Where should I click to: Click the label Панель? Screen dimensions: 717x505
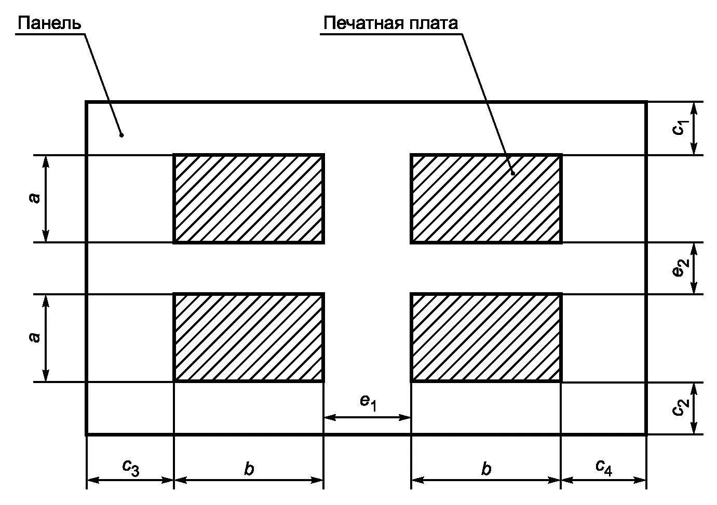coord(49,23)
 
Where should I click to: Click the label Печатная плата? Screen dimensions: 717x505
coord(390,23)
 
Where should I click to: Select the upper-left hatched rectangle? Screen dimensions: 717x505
coord(249,199)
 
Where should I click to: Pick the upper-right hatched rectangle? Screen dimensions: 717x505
coord(486,199)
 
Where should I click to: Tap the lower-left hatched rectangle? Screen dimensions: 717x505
coord(249,338)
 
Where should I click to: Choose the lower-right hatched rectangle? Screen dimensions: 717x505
coord(486,338)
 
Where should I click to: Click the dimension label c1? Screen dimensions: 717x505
coord(680,128)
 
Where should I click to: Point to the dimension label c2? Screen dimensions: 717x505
coord(680,409)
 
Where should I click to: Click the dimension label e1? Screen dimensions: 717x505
coord(367,402)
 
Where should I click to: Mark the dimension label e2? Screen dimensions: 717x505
coord(680,268)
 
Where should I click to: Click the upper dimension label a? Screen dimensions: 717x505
coord(34,198)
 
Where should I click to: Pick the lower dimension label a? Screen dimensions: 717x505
coord(34,338)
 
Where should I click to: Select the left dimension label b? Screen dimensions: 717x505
coord(249,469)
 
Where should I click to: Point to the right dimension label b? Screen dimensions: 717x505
coord(486,469)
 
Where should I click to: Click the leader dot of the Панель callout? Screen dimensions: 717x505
coord(121,135)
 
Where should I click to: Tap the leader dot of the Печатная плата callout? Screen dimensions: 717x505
coord(512,173)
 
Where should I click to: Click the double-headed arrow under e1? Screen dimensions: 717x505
coord(367,417)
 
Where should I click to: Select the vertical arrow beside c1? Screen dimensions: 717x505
coord(694,128)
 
